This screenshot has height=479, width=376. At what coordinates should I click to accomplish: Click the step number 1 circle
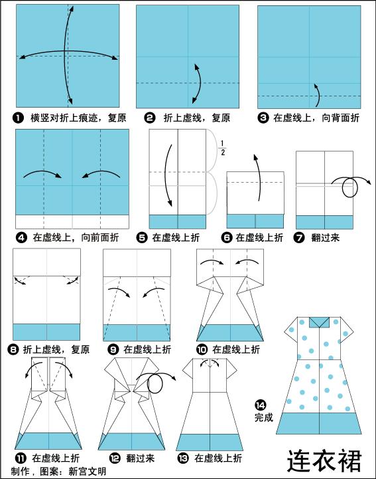pos(18,118)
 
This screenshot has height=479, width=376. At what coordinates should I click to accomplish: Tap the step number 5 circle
pos(142,237)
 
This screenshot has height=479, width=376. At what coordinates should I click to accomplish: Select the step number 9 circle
pos(113,349)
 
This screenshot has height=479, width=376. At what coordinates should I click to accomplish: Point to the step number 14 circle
pos(260,405)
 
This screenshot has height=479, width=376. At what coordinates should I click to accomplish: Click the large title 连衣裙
pos(324,460)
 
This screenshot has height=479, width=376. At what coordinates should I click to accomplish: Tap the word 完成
pos(264,417)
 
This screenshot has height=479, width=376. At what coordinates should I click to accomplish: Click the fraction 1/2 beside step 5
pos(223,147)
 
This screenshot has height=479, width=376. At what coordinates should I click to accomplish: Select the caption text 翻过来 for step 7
pos(325,237)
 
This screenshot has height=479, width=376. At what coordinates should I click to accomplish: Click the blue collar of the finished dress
pos(319,322)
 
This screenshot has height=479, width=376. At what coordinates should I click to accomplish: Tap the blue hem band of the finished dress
pos(319,423)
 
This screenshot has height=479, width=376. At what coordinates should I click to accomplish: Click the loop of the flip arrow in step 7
pos(349,187)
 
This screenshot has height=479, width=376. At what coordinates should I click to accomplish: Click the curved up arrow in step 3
pos(318,96)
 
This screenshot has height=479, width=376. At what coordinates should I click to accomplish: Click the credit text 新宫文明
pos(88,471)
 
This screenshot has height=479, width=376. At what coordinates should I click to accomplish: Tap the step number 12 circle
pos(115,458)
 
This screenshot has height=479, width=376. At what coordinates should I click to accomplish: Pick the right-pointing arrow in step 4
pos(42,173)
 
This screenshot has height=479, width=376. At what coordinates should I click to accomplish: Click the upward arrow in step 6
pos(258,177)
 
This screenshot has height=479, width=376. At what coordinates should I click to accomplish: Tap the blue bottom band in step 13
pos(210,442)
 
